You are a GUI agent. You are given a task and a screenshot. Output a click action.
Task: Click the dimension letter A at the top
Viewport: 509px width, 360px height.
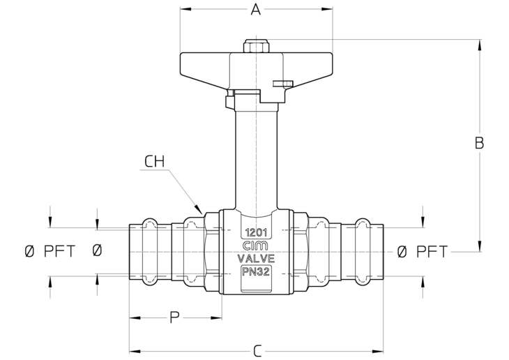pyautogui.click(x=256, y=10)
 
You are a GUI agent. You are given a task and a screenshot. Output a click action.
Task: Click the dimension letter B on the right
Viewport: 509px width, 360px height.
pyautogui.click(x=479, y=143)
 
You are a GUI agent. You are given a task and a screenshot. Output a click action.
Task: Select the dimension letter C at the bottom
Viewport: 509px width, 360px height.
pyautogui.click(x=257, y=351)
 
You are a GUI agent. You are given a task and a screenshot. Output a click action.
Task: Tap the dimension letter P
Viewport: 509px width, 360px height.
pyautogui.click(x=174, y=317)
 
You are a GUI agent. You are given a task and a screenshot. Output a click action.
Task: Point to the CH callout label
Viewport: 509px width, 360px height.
pyautogui.click(x=155, y=161)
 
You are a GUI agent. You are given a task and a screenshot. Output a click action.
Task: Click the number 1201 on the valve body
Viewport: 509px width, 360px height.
pyautogui.click(x=256, y=232)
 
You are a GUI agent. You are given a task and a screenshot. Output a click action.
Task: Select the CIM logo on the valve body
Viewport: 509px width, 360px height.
pyautogui.click(x=255, y=246)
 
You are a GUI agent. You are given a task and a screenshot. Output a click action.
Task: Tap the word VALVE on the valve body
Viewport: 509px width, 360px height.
pyautogui.click(x=256, y=259)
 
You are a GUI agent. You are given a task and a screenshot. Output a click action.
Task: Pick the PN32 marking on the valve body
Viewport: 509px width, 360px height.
pyautogui.click(x=256, y=272)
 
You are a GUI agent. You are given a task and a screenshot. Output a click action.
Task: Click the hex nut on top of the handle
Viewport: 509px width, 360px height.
pyautogui.click(x=256, y=46)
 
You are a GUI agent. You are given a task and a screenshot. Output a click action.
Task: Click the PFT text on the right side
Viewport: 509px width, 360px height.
pyautogui.click(x=432, y=251)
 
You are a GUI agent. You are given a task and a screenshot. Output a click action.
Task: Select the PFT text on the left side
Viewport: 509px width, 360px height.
pyautogui.click(x=59, y=251)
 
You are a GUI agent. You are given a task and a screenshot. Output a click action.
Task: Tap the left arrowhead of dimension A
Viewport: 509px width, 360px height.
pyautogui.click(x=185, y=9)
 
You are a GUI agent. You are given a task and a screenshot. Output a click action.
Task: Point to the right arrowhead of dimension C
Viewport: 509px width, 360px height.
pyautogui.click(x=378, y=351)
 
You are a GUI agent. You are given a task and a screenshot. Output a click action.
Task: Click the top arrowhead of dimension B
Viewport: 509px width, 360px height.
pyautogui.click(x=480, y=45)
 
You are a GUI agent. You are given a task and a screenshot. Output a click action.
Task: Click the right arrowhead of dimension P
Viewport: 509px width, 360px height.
pyautogui.click(x=217, y=317)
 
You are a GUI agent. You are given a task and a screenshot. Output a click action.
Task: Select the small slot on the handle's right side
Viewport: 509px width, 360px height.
pyautogui.click(x=283, y=84)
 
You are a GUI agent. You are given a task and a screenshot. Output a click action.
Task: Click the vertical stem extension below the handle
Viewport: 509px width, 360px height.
pyautogui.click(x=256, y=159)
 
